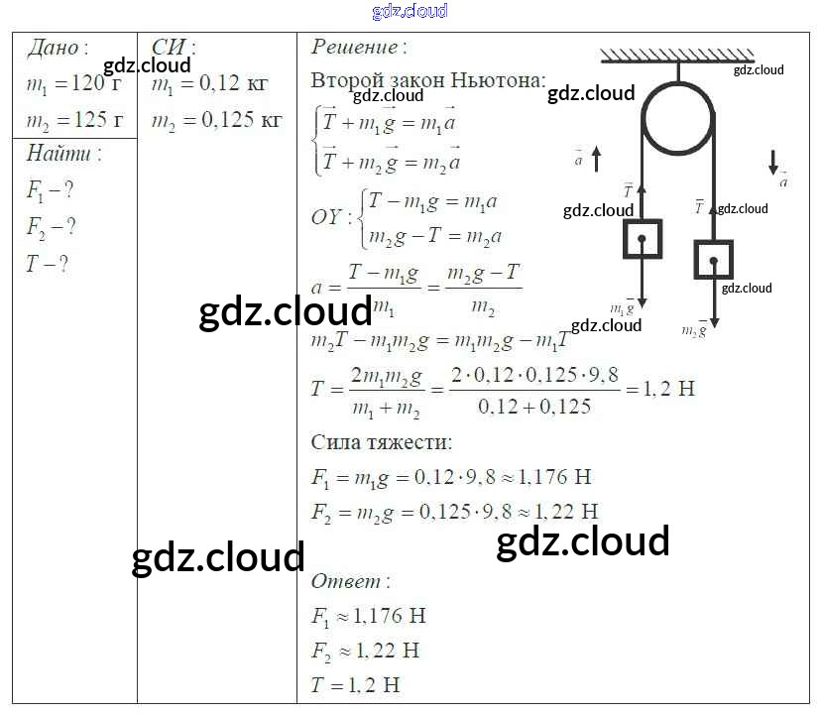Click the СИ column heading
tap(173, 48)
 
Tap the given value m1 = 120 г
tap(75, 85)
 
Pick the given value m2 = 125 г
tap(75, 121)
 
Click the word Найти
tap(59, 154)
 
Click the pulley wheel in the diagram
tap(678, 118)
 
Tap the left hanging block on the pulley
tap(643, 239)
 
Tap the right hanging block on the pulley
tap(713, 260)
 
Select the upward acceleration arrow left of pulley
tap(597, 158)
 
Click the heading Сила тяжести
tap(381, 442)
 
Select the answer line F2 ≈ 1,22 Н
tap(365, 651)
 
